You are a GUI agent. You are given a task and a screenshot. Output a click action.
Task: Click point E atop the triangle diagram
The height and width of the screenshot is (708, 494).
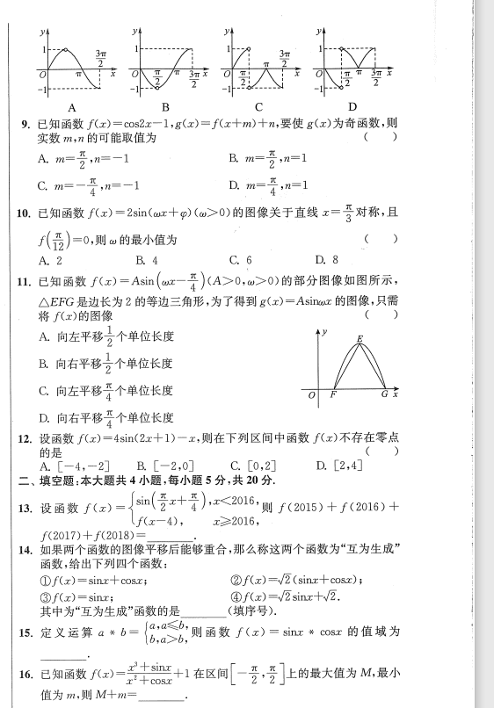360,338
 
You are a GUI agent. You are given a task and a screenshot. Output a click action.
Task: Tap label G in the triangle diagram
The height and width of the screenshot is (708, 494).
384,395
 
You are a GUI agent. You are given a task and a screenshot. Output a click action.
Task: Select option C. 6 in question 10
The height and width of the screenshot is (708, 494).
240,260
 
